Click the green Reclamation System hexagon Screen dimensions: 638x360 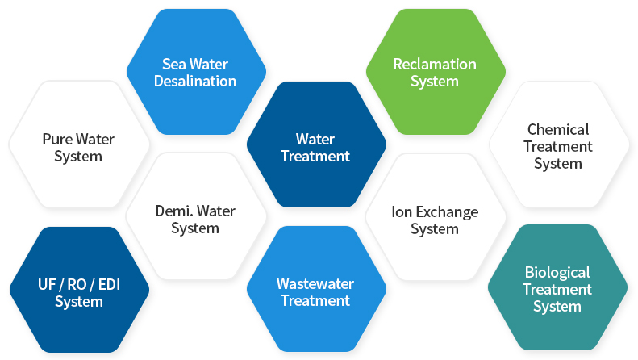[x=436, y=72]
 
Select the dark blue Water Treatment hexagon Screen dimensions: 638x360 [x=316, y=144]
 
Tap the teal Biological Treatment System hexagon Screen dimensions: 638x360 [x=558, y=287]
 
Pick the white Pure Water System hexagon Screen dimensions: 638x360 [x=79, y=144]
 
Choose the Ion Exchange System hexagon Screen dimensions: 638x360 [x=436, y=216]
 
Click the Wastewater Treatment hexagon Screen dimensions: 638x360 [x=316, y=289]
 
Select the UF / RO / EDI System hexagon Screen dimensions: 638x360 [x=79, y=290]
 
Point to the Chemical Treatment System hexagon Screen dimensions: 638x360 [x=559, y=144]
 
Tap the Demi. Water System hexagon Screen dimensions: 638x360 [x=196, y=216]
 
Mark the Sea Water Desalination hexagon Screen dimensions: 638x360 [x=197, y=72]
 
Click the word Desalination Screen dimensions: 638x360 [x=195, y=81]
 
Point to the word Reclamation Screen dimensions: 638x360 [x=435, y=64]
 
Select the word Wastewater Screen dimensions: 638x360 [x=315, y=283]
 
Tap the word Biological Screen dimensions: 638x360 [x=557, y=273]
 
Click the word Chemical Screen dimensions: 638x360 [x=558, y=129]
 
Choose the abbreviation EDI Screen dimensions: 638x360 [x=109, y=284]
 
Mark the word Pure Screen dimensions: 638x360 [x=57, y=140]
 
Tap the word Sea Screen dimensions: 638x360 [x=173, y=64]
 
